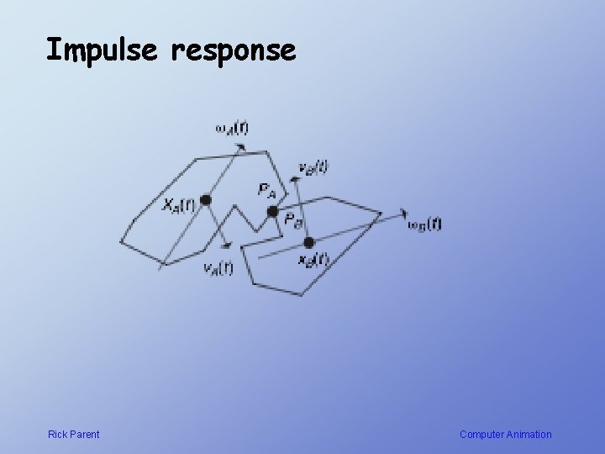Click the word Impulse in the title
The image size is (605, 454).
tap(102, 50)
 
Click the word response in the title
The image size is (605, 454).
tap(233, 52)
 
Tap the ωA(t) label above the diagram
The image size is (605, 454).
tap(231, 128)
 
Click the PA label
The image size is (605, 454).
tap(266, 190)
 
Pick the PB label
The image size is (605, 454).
tap(293, 220)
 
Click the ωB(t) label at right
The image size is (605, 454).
tap(423, 224)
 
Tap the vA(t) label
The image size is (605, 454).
tap(218, 269)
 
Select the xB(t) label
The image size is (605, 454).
tap(313, 260)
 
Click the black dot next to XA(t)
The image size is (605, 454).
tap(205, 200)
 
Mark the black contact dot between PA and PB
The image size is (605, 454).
tap(272, 210)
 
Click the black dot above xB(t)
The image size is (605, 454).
tap(308, 242)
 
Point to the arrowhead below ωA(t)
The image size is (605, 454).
tap(241, 147)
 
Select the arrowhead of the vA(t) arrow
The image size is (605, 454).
tap(226, 246)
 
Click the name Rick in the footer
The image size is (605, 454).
tap(58, 435)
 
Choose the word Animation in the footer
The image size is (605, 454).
tap(529, 435)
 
